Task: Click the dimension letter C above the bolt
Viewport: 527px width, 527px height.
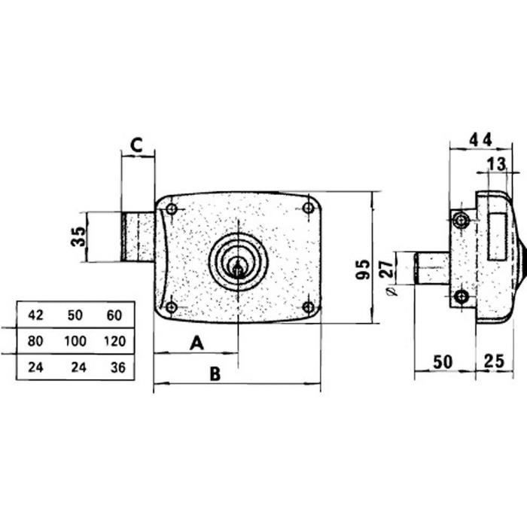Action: point(136,145)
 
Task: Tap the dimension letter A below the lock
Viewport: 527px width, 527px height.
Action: point(197,343)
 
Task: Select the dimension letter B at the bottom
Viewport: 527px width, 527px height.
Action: point(215,373)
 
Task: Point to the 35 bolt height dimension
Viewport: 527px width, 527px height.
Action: point(78,236)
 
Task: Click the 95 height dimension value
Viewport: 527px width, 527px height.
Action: point(363,270)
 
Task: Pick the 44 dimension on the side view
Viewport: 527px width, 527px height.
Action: point(480,139)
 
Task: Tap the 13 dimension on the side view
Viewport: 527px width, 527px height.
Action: point(496,164)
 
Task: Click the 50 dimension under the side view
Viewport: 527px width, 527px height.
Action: point(443,362)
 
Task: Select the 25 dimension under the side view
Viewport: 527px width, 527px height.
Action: point(494,361)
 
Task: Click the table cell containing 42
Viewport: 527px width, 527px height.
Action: point(35,315)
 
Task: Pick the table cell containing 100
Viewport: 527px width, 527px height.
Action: point(75,341)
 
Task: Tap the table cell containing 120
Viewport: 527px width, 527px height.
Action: point(115,341)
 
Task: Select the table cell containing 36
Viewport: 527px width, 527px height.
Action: point(118,367)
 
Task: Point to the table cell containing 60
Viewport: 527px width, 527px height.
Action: point(114,315)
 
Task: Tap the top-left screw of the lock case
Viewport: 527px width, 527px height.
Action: point(172,209)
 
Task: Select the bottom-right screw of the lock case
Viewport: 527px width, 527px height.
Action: point(308,306)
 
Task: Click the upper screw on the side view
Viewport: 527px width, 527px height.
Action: point(461,221)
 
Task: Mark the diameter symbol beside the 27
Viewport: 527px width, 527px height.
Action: point(391,291)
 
